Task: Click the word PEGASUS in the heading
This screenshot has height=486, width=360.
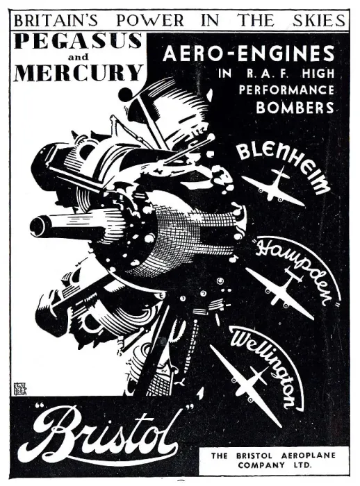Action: coord(78,40)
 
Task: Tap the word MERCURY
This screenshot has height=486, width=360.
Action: coord(79,72)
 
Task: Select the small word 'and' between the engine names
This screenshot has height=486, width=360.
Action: coord(78,57)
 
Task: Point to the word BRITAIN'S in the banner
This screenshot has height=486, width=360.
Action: coord(56,20)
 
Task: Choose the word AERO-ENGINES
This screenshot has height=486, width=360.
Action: coord(249,53)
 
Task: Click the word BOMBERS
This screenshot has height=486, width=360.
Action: coord(295,107)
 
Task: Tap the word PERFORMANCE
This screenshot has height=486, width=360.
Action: coord(286,90)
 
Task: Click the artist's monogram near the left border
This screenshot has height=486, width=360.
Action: coord(19,389)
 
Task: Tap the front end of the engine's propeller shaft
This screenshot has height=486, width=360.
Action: coord(38,226)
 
